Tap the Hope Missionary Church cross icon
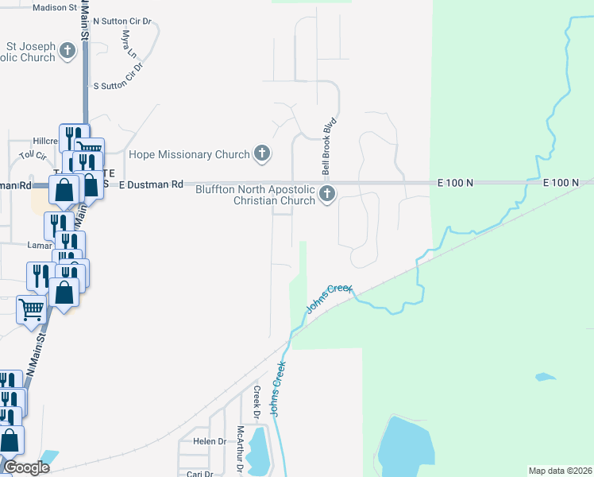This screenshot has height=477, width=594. coord(262,154)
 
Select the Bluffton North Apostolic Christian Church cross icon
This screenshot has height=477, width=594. coord(326,194)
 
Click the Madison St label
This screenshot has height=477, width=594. coord(55,7)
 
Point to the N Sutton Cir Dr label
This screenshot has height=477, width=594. coord(121,21)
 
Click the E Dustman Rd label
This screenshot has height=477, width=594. coord(151,184)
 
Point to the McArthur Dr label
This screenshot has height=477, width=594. coord(240,449)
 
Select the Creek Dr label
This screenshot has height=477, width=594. coord(256,402)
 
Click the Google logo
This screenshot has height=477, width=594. coord(25,467)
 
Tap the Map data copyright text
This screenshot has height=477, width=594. coord(560,471)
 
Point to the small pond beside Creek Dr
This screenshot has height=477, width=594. coord(258,449)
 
